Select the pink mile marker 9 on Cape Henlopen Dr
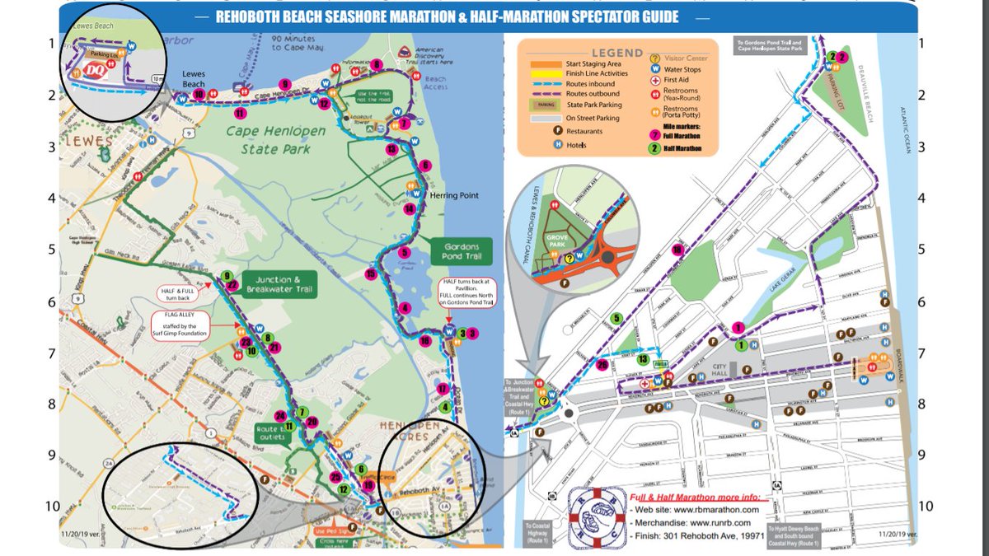pos(285,83)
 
